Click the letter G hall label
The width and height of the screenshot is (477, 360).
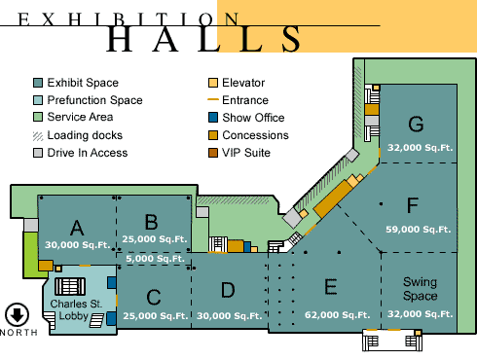[416, 124]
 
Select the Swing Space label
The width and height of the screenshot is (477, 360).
[420, 288]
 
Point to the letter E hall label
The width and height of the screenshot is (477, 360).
[330, 286]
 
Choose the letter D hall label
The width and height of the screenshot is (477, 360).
[228, 289]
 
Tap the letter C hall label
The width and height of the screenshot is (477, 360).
[154, 297]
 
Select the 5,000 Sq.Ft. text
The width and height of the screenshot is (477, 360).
[156, 259]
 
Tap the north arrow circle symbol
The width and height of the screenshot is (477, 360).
[17, 315]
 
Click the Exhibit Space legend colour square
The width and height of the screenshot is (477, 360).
[38, 84]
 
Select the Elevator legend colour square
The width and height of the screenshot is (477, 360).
[213, 84]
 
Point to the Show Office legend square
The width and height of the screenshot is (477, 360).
[213, 119]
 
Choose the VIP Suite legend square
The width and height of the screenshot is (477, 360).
[213, 154]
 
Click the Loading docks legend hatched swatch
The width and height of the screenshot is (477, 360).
[38, 136]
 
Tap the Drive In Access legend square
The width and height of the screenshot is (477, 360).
[38, 154]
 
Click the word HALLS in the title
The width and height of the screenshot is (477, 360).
[204, 38]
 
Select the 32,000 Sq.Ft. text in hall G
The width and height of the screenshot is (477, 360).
[419, 148]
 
